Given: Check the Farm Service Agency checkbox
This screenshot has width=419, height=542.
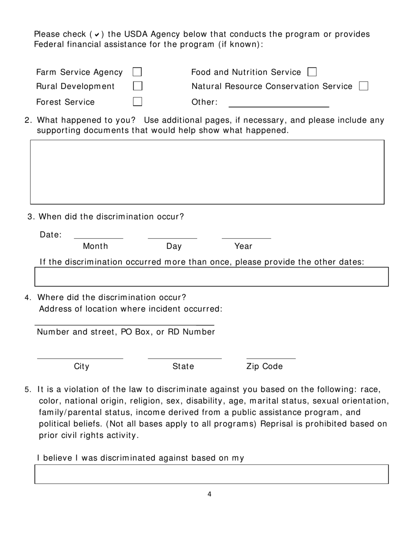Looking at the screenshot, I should click(137, 72).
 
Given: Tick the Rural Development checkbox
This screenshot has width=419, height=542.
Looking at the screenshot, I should click(138, 86).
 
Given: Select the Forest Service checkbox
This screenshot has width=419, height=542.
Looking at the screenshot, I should click(138, 102).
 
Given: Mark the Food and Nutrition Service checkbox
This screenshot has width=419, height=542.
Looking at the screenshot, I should click(312, 72).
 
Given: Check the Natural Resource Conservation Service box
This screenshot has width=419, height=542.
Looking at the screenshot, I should click(363, 86).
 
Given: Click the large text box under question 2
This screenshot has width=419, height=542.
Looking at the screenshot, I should click(207, 172).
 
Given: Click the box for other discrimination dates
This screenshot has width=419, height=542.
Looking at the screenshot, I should click(212, 277).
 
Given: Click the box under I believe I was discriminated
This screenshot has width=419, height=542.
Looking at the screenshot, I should click(212, 474).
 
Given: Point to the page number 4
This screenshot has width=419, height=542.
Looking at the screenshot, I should click(209, 494).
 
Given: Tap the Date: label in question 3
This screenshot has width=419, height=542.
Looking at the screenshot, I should click(51, 235).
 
